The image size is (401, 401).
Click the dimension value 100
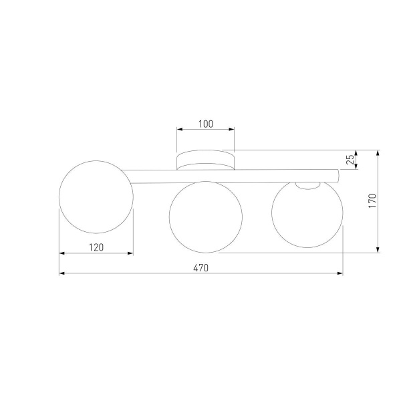[x=206, y=124]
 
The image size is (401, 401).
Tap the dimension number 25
[x=350, y=160]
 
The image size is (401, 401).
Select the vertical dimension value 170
[x=372, y=201]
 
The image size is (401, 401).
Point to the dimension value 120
[x=96, y=247]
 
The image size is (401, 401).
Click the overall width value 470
[x=201, y=268]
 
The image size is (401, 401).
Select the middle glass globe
[x=205, y=217]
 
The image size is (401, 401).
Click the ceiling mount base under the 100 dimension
[x=205, y=160]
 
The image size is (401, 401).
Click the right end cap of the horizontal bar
[x=340, y=176]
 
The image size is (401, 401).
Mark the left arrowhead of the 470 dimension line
[x=61, y=273]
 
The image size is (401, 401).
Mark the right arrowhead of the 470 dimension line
[x=340, y=273]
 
